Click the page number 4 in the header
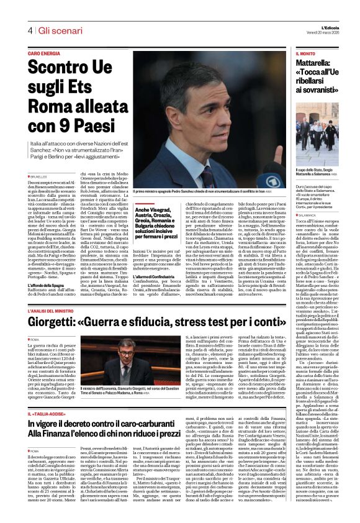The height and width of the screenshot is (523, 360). tap(30, 30)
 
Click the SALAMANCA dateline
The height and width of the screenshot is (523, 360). tap(308, 215)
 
